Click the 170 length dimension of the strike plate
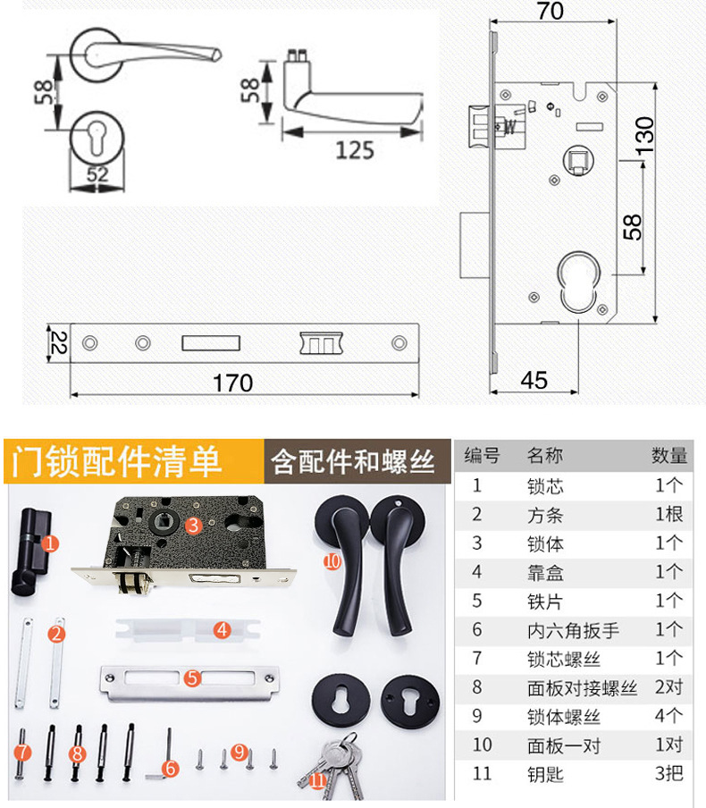(x=233, y=383)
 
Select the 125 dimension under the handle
(x=355, y=150)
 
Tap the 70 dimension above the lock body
(x=551, y=11)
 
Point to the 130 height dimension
(x=644, y=135)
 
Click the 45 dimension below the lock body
(x=534, y=380)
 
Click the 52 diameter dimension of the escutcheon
(x=97, y=174)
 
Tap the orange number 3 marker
(x=193, y=525)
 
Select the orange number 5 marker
(x=192, y=678)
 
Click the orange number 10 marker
(x=332, y=561)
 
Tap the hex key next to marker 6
(x=159, y=753)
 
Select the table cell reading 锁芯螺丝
(x=564, y=659)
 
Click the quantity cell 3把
(x=668, y=773)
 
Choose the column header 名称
(x=545, y=456)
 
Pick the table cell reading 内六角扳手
(x=573, y=630)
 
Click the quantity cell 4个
(x=668, y=716)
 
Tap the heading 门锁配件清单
(x=116, y=461)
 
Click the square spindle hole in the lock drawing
(x=579, y=159)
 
